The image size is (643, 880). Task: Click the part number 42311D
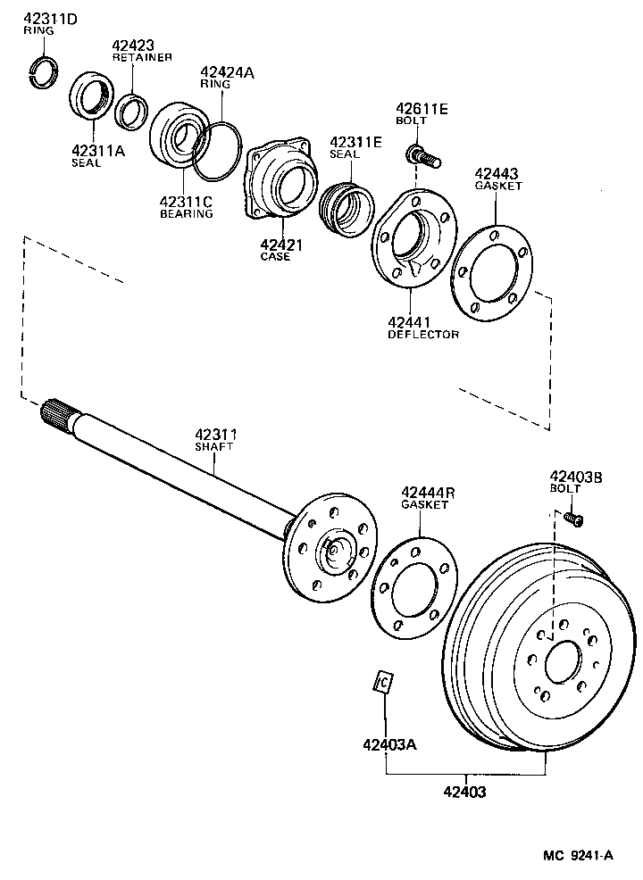50,19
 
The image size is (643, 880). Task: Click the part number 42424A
227,72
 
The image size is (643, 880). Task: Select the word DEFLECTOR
422,335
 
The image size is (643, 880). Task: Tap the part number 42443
497,173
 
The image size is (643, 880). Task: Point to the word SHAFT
213,446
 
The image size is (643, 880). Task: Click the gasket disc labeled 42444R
413,587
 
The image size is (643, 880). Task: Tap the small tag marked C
383,682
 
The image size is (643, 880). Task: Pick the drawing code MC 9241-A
578,855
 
